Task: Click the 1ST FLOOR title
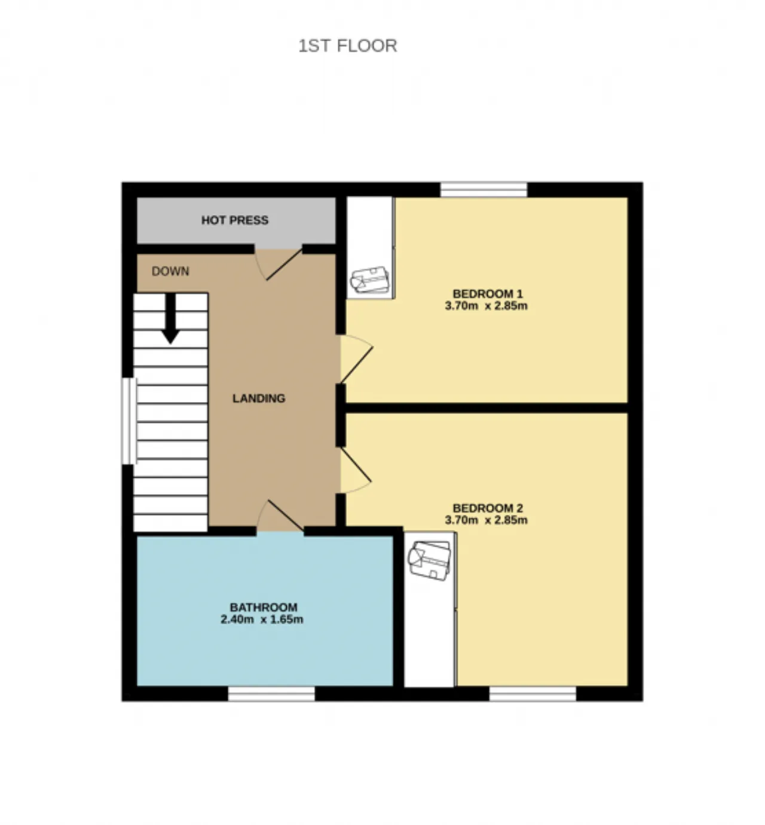click(348, 45)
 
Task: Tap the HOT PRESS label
click(235, 220)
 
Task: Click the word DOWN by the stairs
click(170, 271)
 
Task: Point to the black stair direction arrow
click(170, 318)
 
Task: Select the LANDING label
click(259, 398)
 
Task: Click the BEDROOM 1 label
click(487, 294)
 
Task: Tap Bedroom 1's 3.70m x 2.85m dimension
click(486, 306)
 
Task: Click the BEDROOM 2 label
click(488, 508)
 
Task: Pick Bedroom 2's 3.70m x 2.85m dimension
click(486, 520)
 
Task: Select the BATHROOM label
click(264, 608)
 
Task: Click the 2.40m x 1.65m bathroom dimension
click(262, 619)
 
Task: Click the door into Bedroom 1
click(357, 359)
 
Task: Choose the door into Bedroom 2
click(356, 470)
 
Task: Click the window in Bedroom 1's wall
click(484, 190)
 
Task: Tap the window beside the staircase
click(129, 421)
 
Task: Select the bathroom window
click(271, 694)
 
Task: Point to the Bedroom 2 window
click(533, 694)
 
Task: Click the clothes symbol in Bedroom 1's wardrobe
click(370, 280)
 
